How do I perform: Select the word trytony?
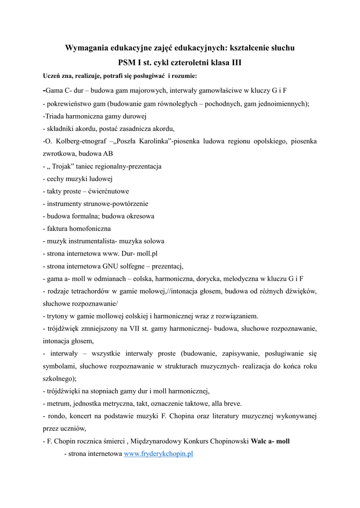click(57, 316)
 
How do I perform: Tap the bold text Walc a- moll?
click(270, 441)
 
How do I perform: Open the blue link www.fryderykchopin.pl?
click(158, 453)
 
